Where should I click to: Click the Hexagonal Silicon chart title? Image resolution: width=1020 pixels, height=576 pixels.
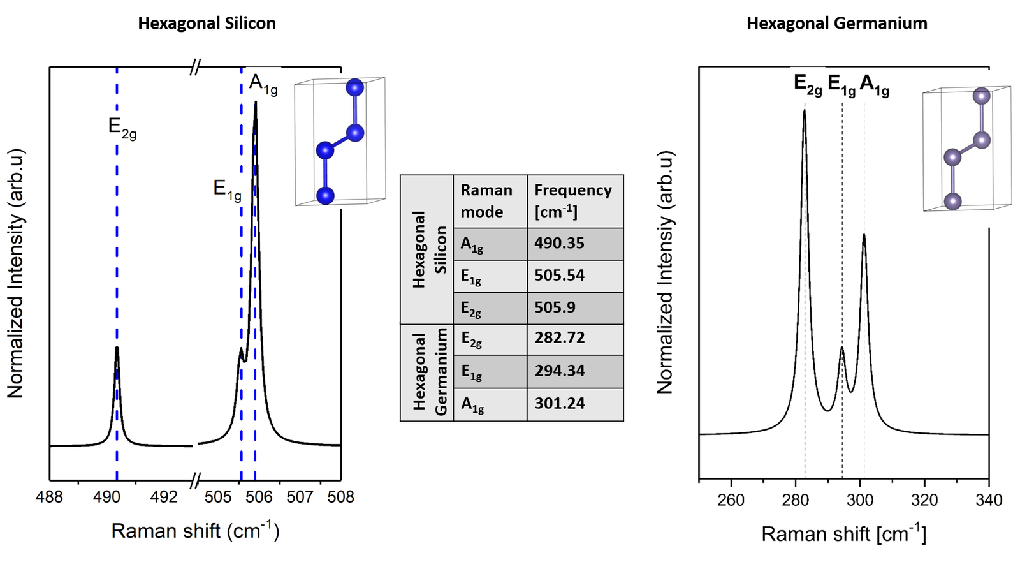pos(207,24)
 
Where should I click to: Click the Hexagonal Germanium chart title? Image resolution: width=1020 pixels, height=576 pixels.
pos(836,24)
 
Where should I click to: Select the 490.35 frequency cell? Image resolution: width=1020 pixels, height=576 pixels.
pos(559,243)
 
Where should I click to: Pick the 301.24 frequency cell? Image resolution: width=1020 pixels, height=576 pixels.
pos(559,403)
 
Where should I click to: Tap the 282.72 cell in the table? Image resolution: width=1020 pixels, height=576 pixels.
pos(559,337)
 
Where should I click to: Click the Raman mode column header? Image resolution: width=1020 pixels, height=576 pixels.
pos(487,200)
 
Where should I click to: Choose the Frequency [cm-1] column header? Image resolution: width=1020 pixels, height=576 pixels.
pos(572,200)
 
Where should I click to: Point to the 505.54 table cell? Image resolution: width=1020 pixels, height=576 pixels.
pos(559,276)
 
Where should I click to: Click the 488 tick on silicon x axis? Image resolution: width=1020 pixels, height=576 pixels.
pos(50,497)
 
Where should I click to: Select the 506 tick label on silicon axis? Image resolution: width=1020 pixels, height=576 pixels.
pos(259,497)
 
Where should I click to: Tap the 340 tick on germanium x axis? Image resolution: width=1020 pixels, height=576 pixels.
pos(988,500)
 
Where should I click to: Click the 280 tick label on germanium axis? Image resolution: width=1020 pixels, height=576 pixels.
pos(795,500)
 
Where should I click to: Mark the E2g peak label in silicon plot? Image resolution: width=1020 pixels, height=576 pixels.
pos(122,128)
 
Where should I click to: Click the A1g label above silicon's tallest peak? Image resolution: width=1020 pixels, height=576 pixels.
pos(263,84)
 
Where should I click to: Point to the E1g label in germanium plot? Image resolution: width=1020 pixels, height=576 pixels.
pos(841,85)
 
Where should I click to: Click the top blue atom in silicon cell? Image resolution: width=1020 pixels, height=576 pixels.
pos(354,87)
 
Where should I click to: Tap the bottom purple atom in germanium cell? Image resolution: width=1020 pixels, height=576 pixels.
pos(952,202)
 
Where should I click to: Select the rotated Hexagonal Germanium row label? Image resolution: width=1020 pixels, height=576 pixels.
pos(428,373)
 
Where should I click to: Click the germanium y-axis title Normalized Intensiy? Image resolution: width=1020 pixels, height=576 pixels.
pos(665,272)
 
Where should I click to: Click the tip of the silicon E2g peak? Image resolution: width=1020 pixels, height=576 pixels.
pos(117,348)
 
